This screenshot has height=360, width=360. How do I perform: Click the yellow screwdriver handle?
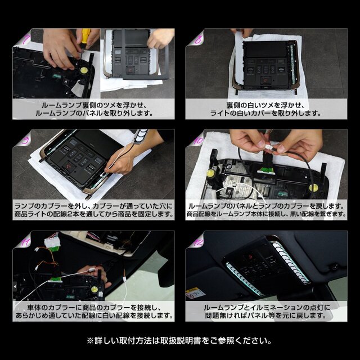(x=85, y=35)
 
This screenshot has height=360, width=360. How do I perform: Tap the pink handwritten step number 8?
(x=198, y=40)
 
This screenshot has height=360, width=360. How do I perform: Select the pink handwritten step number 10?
(x=199, y=140)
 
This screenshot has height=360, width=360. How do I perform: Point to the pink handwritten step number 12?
(x=198, y=241)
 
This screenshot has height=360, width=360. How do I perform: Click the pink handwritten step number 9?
(x=25, y=140)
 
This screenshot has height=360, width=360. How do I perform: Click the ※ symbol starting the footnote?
(x=90, y=341)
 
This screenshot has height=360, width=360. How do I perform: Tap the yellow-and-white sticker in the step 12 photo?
(x=195, y=293)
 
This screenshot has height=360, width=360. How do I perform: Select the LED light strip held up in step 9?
(x=141, y=135)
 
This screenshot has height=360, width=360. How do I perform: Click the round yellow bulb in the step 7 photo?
(x=83, y=70)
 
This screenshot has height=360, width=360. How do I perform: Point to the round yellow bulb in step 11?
(x=94, y=289)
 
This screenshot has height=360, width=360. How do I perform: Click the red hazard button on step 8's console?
(x=266, y=80)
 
